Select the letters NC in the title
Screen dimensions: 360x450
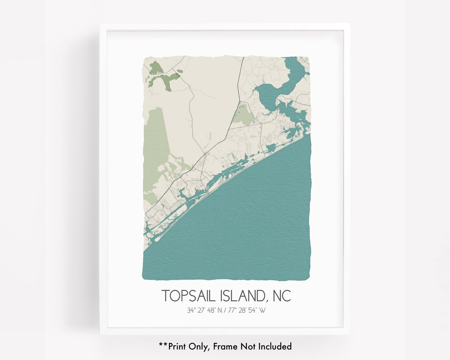coord(282,296)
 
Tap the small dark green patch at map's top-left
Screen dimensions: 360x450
coord(155,67)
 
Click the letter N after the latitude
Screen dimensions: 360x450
coord(220,310)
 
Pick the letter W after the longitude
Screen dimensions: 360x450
coord(262,310)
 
